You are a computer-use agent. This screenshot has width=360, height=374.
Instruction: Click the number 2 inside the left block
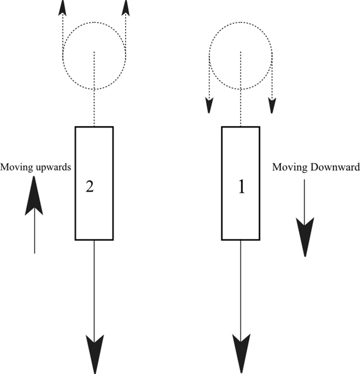pos(89,187)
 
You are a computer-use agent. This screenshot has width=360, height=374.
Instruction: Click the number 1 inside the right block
pos(241,187)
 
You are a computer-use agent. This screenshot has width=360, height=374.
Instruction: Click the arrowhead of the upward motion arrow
pos(34,198)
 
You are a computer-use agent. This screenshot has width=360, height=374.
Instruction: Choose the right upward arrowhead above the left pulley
pos(126,7)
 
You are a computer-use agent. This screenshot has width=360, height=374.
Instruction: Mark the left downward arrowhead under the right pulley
pos(209,105)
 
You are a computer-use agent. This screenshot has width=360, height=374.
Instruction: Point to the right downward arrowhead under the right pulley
pos(272,105)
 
